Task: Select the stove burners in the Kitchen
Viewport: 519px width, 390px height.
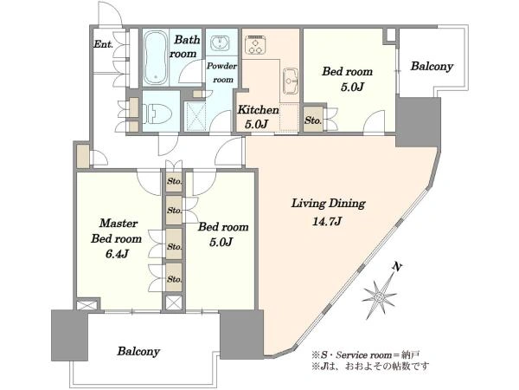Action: (254, 45)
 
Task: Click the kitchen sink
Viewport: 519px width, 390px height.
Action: (291, 81)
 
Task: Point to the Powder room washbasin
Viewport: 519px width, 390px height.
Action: (220, 42)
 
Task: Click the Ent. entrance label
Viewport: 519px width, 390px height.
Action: (103, 44)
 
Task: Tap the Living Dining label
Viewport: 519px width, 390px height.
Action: (328, 204)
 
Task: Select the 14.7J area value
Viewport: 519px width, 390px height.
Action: (326, 221)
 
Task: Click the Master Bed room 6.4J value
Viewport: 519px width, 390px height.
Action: (117, 254)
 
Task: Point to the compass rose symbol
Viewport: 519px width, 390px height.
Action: (380, 296)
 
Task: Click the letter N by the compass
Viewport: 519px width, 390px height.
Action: (396, 266)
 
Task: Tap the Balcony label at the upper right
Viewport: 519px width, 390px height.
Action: (432, 67)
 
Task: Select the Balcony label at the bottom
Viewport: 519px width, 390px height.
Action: (138, 351)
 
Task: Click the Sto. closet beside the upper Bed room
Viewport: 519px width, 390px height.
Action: (313, 120)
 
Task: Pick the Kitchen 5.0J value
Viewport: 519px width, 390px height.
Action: (256, 124)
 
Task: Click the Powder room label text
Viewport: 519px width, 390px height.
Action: (222, 73)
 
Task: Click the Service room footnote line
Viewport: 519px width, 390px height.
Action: (365, 355)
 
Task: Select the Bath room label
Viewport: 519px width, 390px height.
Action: (185, 47)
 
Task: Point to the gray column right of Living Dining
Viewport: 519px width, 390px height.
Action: (419, 122)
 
